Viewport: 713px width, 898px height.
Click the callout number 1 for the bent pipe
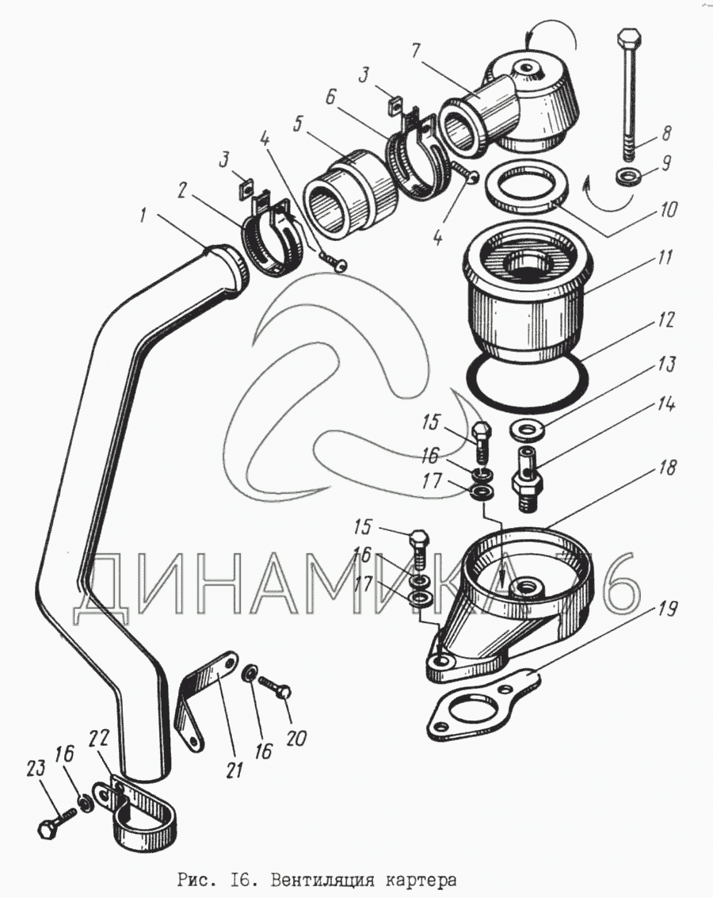pyautogui.click(x=143, y=216)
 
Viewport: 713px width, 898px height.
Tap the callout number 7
pyautogui.click(x=416, y=52)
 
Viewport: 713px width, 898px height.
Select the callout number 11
pyautogui.click(x=665, y=258)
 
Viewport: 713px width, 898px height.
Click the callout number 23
pyautogui.click(x=36, y=769)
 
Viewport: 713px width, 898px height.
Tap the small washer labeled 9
pyautogui.click(x=628, y=177)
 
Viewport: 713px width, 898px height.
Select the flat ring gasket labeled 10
pyautogui.click(x=527, y=187)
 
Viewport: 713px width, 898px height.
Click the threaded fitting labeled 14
pyautogui.click(x=524, y=476)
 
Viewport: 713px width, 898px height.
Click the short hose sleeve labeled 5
pyautogui.click(x=349, y=195)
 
